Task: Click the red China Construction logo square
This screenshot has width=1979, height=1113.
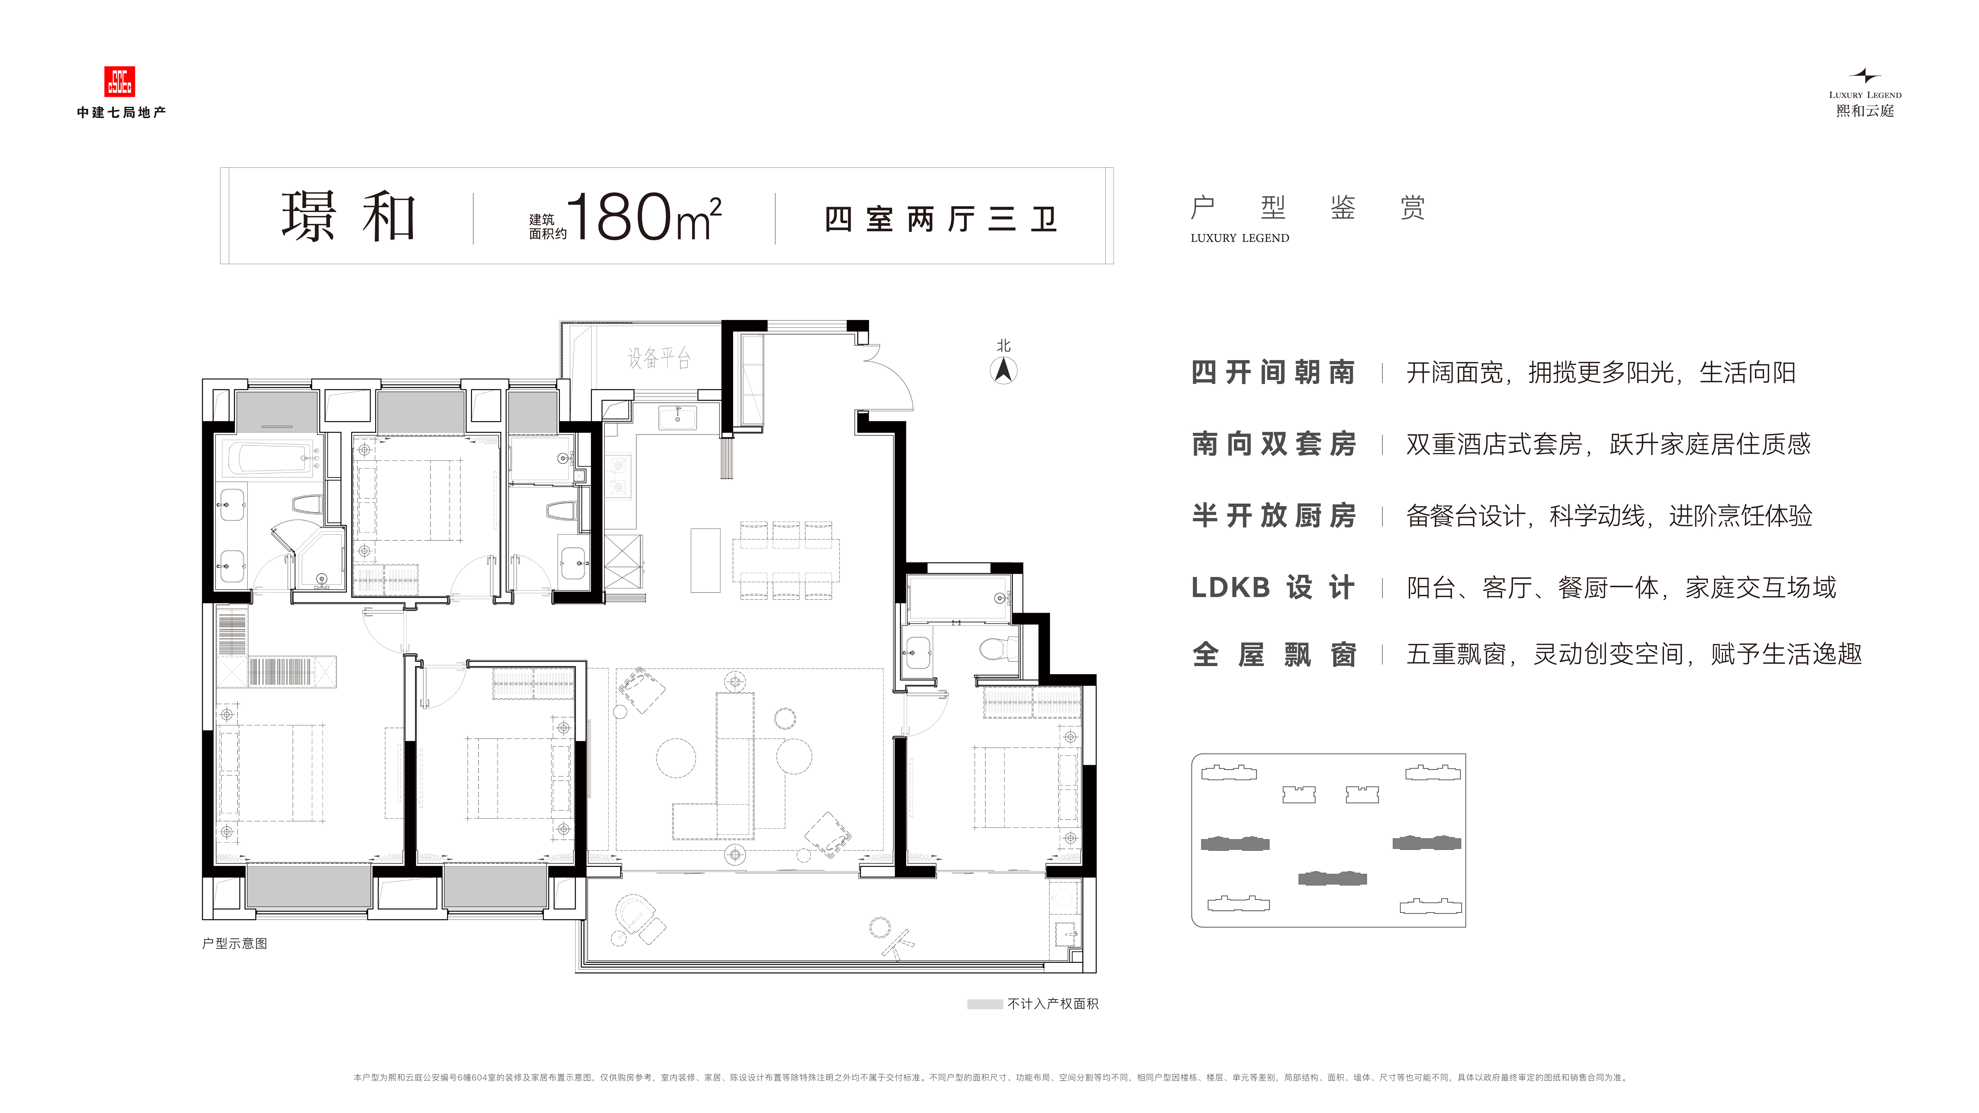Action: click(x=119, y=81)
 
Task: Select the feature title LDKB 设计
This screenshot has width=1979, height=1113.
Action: click(x=1273, y=588)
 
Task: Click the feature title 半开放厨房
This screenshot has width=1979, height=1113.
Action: click(x=1273, y=515)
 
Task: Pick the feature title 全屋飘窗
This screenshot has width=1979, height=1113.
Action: click(x=1273, y=654)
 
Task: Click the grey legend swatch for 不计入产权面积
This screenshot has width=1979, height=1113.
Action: click(x=985, y=1004)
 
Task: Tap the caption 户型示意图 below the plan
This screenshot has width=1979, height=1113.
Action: click(x=234, y=943)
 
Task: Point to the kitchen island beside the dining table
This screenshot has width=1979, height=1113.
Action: click(x=705, y=560)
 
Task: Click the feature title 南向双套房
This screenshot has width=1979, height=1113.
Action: click(x=1273, y=444)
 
